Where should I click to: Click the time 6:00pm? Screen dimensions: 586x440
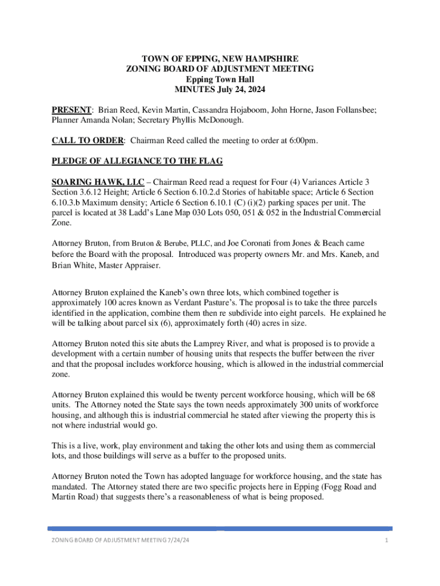coord(301,141)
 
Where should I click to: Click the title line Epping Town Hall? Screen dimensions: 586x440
coord(220,80)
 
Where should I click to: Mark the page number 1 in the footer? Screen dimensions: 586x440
coord(387,541)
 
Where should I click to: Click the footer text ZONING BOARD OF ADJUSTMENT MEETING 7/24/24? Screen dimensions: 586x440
coord(121,541)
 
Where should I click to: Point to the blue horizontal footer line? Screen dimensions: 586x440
coord(220,528)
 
